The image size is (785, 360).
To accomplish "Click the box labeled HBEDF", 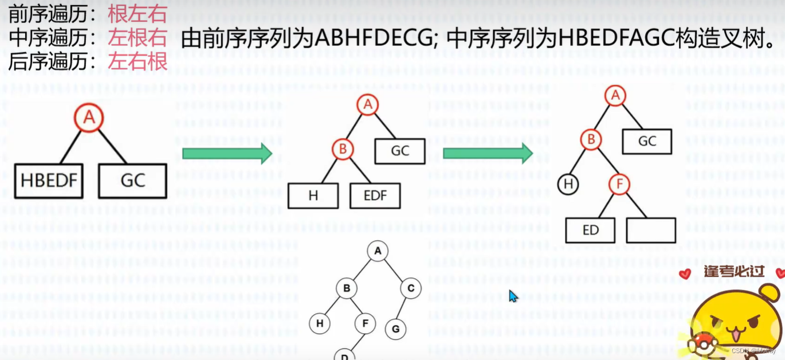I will (x=49, y=181).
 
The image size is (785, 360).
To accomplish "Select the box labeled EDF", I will (x=375, y=196).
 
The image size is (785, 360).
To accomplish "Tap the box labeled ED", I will (x=590, y=230).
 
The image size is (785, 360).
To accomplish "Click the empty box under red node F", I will (x=651, y=230).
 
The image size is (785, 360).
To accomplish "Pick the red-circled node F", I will (x=619, y=185).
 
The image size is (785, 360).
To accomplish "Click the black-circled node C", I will (x=411, y=288).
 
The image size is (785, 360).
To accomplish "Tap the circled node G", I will (x=395, y=329).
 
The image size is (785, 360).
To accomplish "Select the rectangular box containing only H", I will (x=313, y=196).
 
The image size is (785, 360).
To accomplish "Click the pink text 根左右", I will (x=138, y=13).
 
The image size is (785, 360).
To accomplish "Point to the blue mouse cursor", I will (x=513, y=296).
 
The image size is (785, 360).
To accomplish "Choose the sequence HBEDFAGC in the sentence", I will (x=609, y=38).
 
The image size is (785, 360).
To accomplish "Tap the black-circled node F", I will (x=365, y=323).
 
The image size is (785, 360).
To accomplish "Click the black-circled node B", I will (x=346, y=288).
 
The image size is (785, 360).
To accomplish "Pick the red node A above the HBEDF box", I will (x=89, y=118).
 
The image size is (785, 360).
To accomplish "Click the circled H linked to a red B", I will (x=568, y=184).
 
